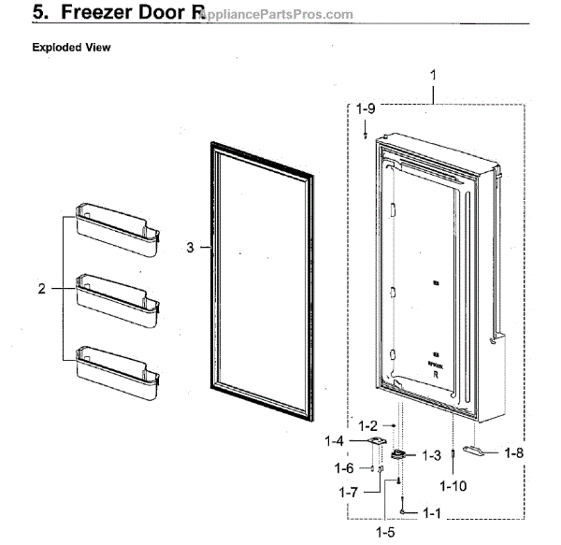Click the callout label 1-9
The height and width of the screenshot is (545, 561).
[364, 108]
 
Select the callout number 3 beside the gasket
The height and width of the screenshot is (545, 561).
[190, 248]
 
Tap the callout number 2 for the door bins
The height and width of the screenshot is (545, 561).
[41, 290]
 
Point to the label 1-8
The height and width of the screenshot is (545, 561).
[513, 452]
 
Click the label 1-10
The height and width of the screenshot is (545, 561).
[453, 486]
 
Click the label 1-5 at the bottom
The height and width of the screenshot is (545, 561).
[384, 532]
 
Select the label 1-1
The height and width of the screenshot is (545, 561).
[431, 512]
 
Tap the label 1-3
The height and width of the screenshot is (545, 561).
[431, 455]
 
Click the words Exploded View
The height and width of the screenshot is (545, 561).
[71, 48]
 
